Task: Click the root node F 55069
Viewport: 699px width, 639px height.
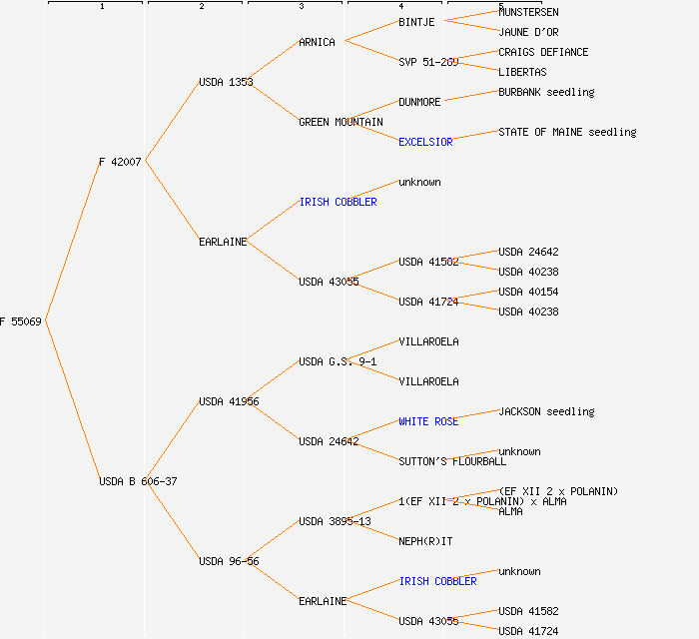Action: pos(21,321)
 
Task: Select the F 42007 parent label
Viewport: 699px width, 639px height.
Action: pos(120,162)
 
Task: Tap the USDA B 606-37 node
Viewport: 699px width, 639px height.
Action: pos(138,481)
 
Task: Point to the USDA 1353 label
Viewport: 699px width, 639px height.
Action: pos(226,82)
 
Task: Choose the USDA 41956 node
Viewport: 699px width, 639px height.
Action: pos(229,401)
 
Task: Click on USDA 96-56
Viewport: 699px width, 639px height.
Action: pos(229,561)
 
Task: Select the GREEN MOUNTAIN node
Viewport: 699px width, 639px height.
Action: pos(341,122)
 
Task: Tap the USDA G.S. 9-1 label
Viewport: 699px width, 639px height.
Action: pos(338,361)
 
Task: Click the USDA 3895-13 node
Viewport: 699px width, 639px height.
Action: pos(335,521)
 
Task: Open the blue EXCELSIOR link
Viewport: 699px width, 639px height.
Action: pos(425,142)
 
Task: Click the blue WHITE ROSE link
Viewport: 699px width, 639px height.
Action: pos(428,421)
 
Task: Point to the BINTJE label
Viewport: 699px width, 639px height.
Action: pos(416,22)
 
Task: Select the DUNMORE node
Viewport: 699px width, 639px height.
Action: pos(419,102)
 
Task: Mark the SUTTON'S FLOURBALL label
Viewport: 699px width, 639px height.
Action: pos(452,461)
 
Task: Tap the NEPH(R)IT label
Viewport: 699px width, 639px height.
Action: pos(425,541)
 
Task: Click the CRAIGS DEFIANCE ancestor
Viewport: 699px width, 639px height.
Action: pos(543,52)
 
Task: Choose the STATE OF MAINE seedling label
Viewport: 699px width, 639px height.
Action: pos(567,132)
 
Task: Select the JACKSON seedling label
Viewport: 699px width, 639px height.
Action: pos(546,411)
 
